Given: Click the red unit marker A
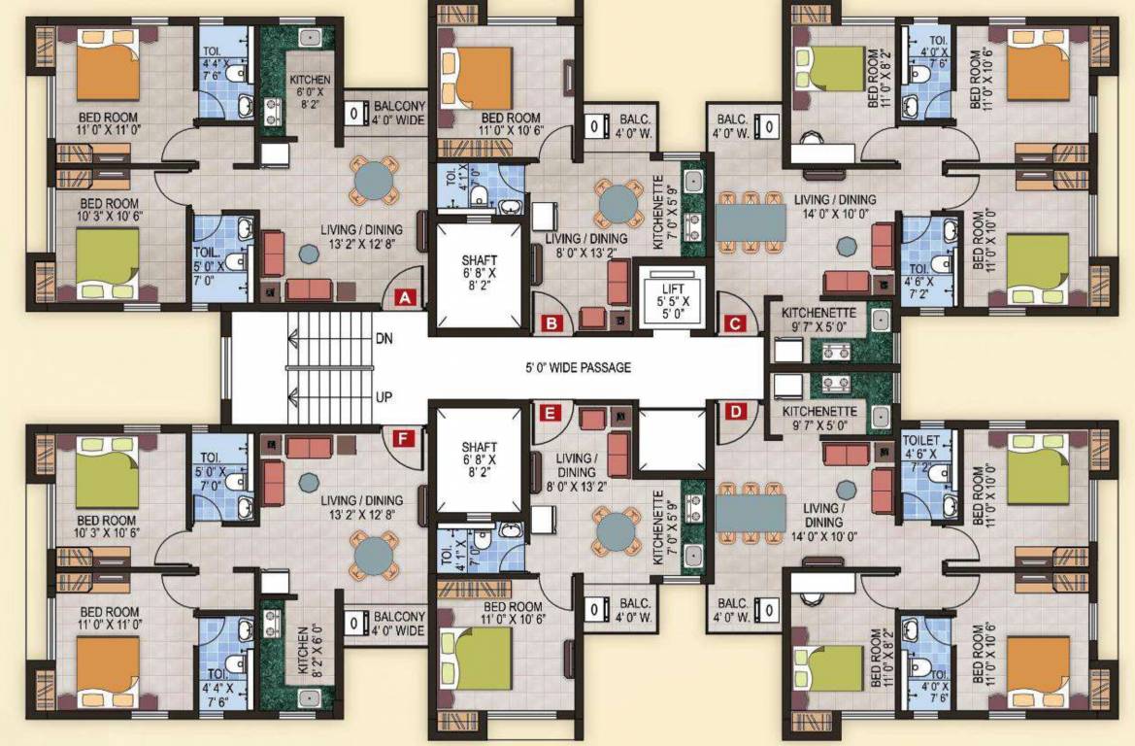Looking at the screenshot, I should [x=407, y=298].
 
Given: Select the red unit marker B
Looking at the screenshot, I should [x=551, y=324].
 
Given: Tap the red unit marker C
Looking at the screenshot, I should [x=735, y=324].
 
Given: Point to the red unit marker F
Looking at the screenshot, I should [x=402, y=438].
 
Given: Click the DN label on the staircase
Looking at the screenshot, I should [x=384, y=339].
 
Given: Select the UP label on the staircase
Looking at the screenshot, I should [x=384, y=397].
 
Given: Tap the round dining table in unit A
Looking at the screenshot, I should [x=374, y=179].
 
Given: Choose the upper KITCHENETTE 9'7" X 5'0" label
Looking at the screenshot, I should [x=818, y=320].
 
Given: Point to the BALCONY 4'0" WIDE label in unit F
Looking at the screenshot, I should [x=398, y=624].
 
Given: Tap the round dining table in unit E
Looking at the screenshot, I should [x=617, y=532].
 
